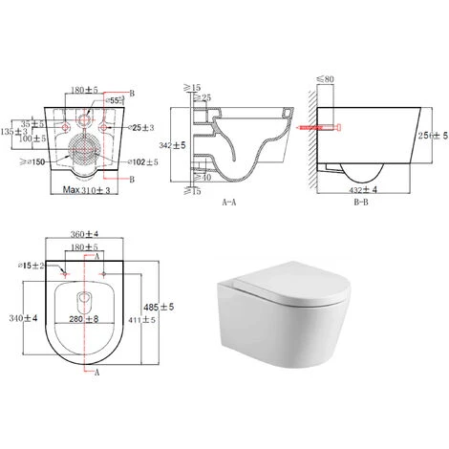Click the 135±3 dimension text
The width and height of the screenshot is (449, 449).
tap(11, 134)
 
